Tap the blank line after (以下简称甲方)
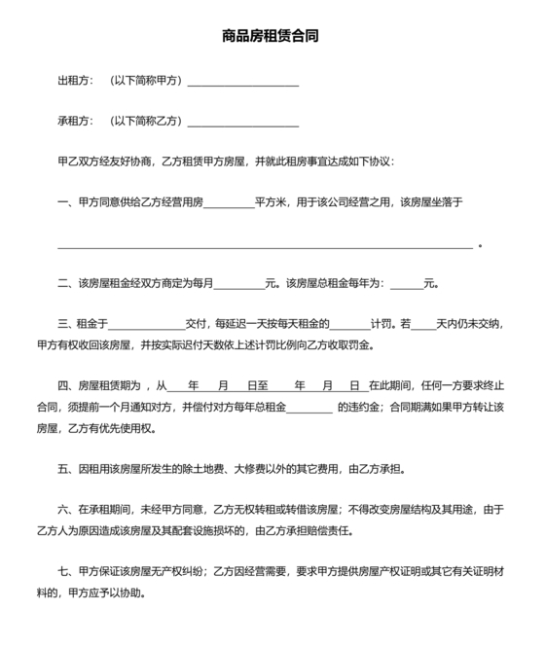[242, 84]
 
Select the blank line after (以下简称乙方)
[242, 124]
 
